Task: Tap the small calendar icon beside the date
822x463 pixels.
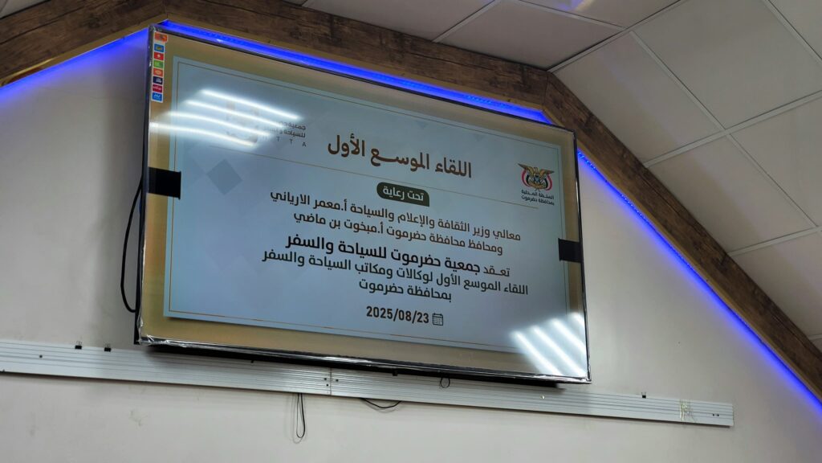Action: [437, 319]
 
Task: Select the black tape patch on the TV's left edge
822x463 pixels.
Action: [165, 182]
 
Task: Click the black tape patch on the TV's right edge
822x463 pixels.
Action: [569, 250]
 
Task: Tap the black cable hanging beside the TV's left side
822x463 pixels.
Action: [127, 249]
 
